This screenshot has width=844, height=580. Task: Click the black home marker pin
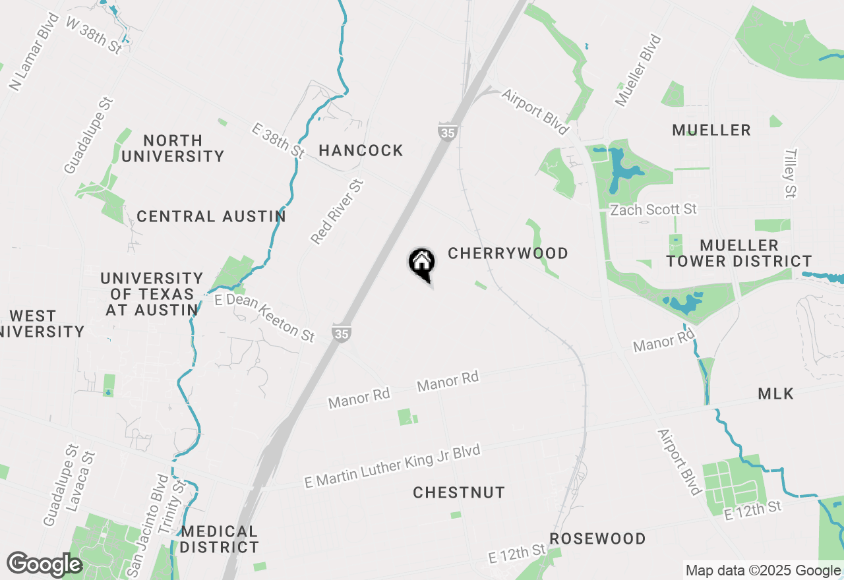pos(422,264)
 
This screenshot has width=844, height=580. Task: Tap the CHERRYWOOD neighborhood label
pos(508,254)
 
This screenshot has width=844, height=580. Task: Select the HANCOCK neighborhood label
pos(361,151)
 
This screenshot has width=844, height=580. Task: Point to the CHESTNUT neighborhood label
pos(459,493)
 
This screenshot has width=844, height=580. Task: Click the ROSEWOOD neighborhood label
pos(597,539)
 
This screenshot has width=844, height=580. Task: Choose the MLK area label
pos(775,394)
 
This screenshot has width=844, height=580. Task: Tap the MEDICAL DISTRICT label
pos(220,539)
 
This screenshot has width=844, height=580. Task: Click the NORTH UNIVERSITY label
pos(173,148)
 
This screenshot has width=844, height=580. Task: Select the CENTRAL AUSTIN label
pos(211,217)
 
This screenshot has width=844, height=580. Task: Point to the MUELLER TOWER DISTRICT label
pos(739,253)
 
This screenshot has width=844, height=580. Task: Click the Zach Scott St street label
pos(653,210)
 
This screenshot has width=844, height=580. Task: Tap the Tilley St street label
pos(791,173)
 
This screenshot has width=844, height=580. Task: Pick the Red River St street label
pos(337,212)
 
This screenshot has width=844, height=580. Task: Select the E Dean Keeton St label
pos(264,318)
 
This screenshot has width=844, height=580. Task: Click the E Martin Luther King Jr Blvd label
pos(392,466)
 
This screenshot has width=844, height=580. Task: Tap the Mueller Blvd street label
pos(638,71)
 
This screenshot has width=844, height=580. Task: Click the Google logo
pos(44,565)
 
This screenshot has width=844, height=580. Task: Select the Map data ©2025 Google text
pos(763,571)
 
